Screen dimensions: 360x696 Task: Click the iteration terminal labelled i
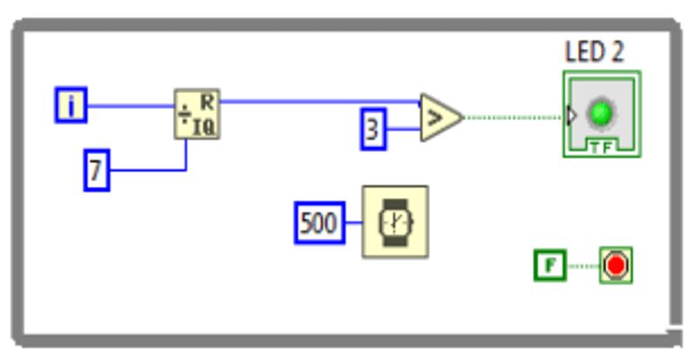coord(72,105)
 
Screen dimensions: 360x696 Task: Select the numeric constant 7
coord(96,170)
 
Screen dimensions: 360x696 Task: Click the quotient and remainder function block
coord(196,114)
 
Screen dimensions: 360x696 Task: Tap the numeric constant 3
coord(373,131)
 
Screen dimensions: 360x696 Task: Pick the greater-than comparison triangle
coord(439,117)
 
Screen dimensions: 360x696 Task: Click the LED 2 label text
coord(595,51)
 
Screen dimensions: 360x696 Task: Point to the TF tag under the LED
coord(601,146)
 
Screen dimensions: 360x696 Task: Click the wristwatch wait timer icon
coord(395,221)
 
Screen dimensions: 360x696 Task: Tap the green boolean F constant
coord(549,265)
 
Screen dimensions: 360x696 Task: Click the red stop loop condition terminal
coord(616,265)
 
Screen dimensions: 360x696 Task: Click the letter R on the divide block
coord(208,98)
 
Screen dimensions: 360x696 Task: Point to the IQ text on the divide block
coord(205,127)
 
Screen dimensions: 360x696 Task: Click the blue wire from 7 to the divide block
coord(148,169)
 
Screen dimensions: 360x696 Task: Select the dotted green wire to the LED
coord(515,116)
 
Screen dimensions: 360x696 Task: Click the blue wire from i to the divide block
coord(131,106)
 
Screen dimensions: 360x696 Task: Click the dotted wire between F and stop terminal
coord(582,265)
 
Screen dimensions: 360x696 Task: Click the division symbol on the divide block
coord(184,115)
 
